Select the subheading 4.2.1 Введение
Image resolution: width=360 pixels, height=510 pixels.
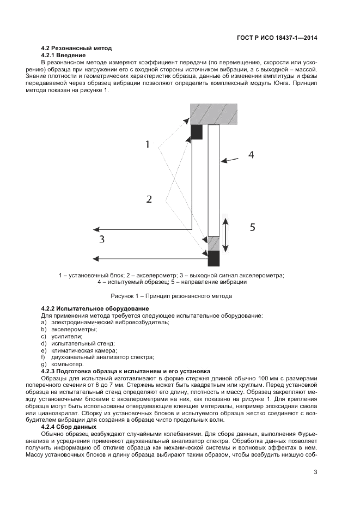[63, 56]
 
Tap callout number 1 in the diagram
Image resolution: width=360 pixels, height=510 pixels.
[148, 144]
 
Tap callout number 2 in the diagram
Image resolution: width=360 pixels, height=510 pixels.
[149, 199]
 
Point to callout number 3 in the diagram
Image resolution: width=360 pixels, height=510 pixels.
[101, 239]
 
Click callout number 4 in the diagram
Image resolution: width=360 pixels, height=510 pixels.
[251, 155]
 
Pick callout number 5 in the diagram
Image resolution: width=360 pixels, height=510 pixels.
[252, 228]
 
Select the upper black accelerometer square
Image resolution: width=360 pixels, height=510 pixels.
[197, 131]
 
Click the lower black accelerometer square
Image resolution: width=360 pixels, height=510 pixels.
[213, 258]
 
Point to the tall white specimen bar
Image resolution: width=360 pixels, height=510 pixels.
[213, 180]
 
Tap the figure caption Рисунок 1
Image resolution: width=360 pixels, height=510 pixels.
[171, 296]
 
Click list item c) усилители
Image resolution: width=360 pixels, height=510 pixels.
[62, 337]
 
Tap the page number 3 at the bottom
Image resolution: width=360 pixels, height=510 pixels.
[315, 472]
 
